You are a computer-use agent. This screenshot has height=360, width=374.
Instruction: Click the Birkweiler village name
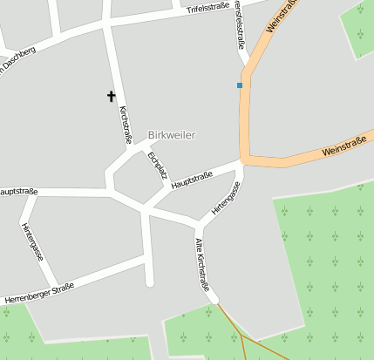172,135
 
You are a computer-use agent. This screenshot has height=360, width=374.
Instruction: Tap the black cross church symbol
111,96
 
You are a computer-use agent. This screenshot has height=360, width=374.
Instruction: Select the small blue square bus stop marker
239,85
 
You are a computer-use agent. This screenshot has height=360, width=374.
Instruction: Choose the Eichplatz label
158,164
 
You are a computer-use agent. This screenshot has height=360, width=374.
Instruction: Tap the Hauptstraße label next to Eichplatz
193,180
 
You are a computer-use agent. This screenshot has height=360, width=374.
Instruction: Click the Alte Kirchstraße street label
202,264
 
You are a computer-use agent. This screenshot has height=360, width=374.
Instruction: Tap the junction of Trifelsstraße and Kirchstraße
107,26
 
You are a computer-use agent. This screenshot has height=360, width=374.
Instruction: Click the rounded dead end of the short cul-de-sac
149,282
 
